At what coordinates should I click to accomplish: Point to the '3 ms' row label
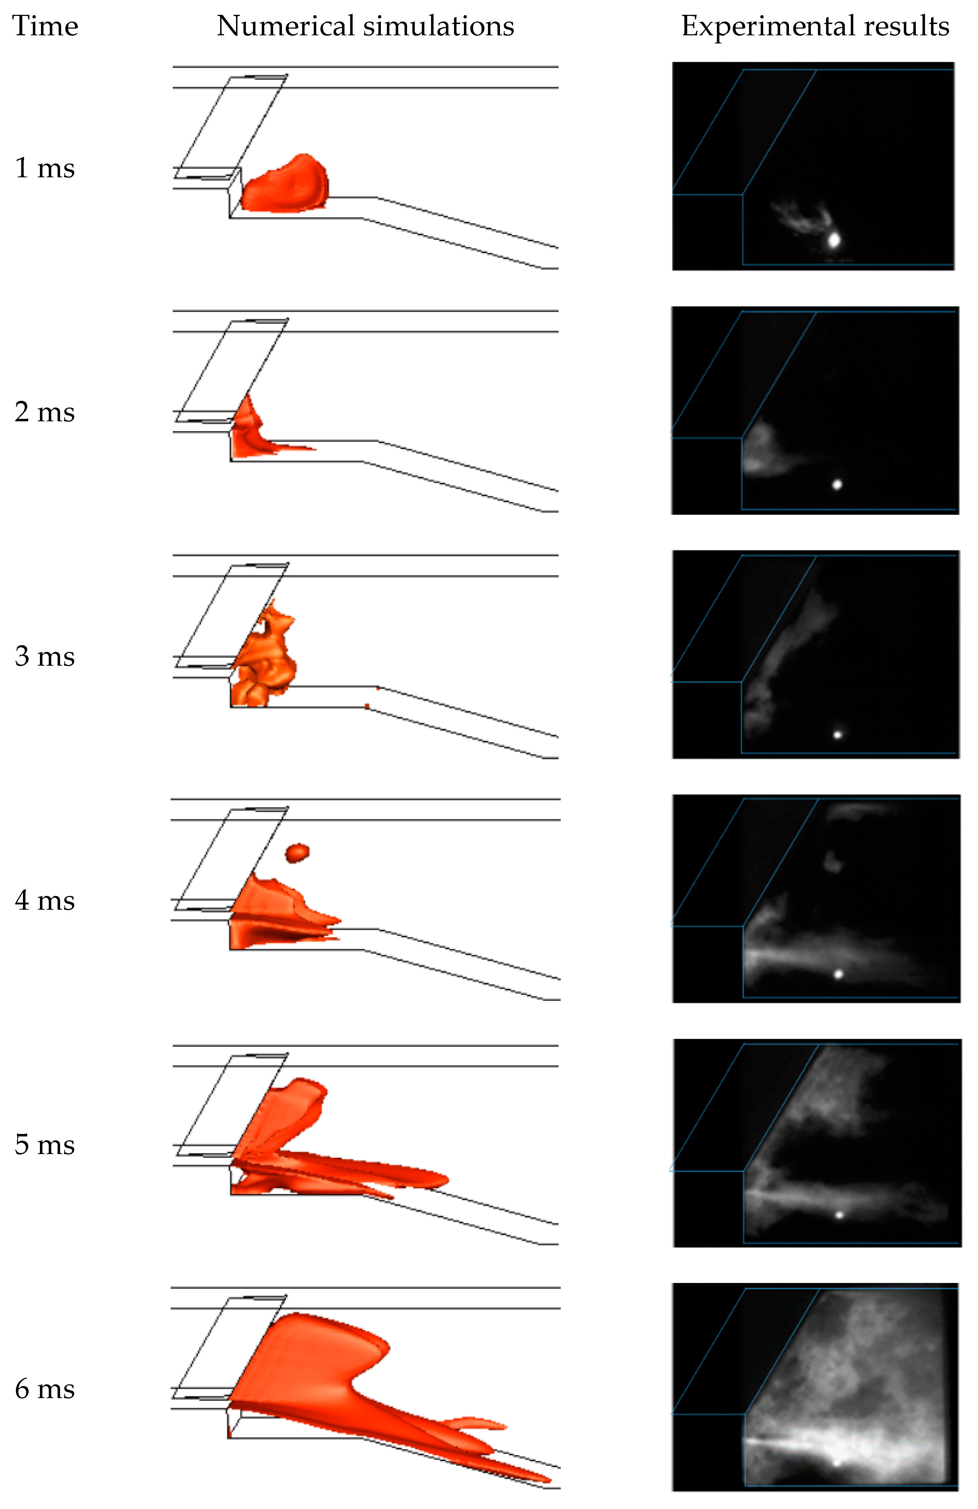45,657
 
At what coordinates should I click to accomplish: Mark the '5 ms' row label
45,1145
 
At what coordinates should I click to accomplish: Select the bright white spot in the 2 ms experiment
837,485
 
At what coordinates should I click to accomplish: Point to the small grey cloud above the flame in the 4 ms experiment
831,861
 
